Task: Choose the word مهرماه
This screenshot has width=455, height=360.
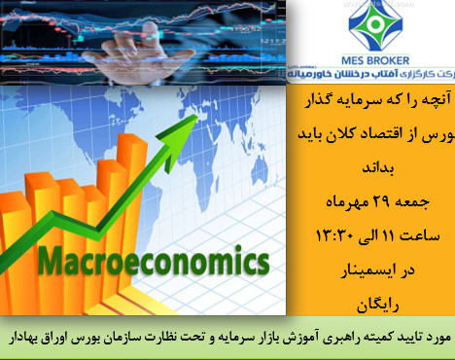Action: (326, 201)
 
